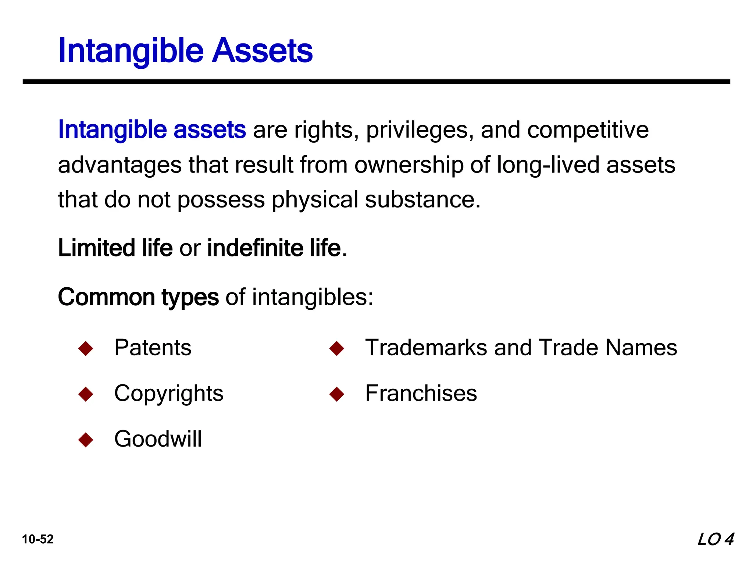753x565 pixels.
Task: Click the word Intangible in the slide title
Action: click(131, 51)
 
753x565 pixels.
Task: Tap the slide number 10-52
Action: click(38, 539)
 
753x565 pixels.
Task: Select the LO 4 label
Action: click(715, 539)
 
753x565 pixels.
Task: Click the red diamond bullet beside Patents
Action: click(86, 348)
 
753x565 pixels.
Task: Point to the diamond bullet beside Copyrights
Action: click(86, 394)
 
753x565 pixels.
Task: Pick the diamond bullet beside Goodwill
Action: click(86, 440)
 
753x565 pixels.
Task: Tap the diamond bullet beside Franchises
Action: click(337, 394)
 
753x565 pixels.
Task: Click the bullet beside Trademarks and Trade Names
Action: click(337, 348)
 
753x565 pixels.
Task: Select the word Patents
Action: click(153, 347)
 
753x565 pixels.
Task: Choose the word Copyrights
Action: click(169, 394)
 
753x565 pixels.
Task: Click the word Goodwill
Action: click(158, 439)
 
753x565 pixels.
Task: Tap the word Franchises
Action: click(421, 393)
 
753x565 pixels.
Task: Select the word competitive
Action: click(588, 130)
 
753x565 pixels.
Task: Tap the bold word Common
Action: click(106, 297)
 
